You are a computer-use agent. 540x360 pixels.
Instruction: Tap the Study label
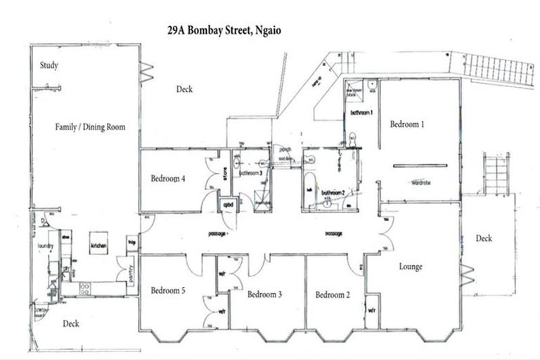(x=49, y=66)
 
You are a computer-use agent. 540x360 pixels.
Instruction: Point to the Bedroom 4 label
(x=168, y=179)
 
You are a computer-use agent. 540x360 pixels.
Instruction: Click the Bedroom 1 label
(x=408, y=124)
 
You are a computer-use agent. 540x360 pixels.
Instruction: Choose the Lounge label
(x=410, y=266)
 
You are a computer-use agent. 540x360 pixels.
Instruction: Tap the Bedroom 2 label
(x=333, y=295)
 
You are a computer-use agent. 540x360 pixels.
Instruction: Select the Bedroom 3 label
(x=264, y=295)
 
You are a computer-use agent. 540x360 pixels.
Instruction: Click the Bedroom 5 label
(x=168, y=290)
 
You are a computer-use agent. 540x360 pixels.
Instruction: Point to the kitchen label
(x=98, y=247)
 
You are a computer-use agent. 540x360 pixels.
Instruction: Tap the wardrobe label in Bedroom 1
(x=421, y=182)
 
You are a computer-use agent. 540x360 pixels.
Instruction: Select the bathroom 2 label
(x=333, y=192)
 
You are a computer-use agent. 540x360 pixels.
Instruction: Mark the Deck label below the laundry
(x=70, y=323)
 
